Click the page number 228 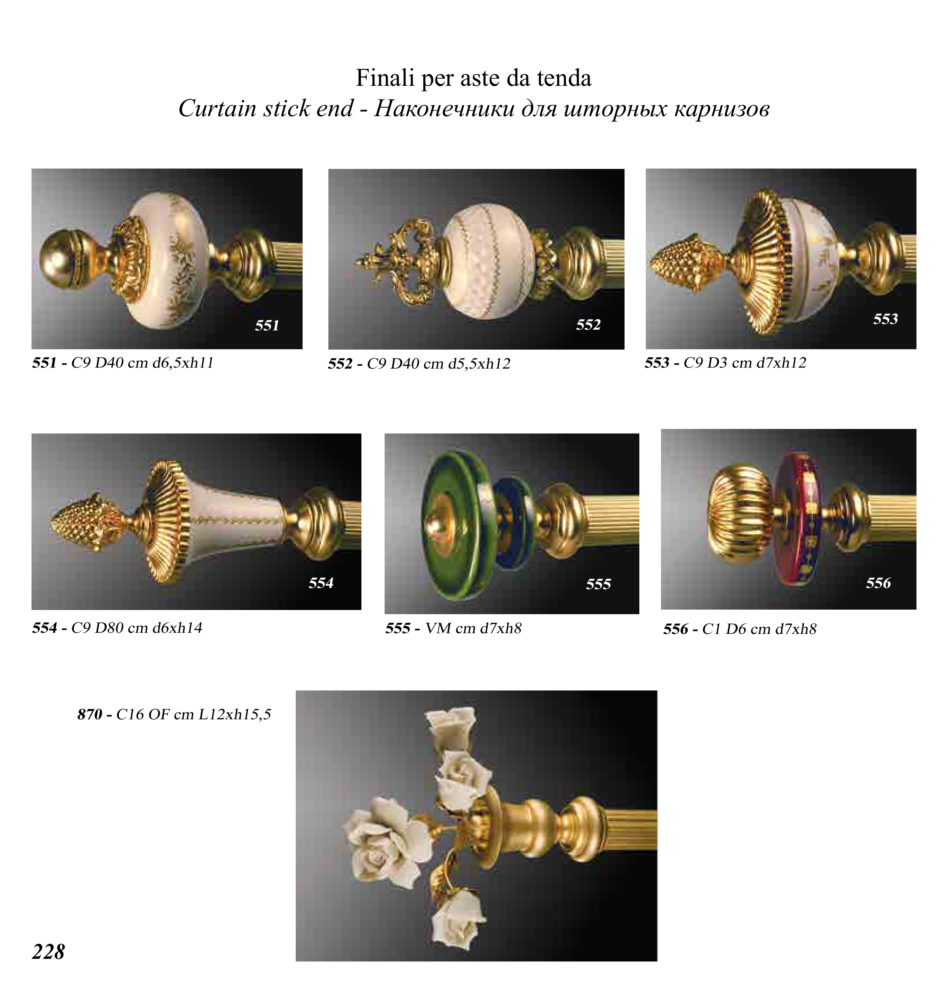(x=49, y=952)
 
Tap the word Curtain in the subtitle (x=217, y=108)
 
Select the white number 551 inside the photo (x=267, y=325)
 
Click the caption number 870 (x=90, y=714)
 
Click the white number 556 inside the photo (x=878, y=583)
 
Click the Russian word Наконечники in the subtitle (x=445, y=108)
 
